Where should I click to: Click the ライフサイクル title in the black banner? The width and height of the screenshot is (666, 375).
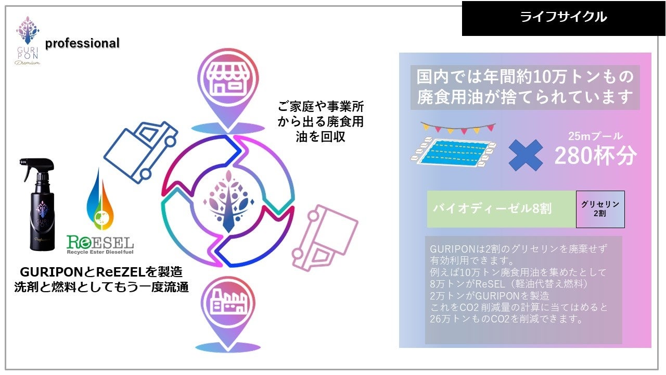click(x=563, y=17)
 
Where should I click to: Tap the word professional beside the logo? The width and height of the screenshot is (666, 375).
click(x=82, y=44)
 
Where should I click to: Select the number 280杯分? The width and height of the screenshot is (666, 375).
click(x=595, y=155)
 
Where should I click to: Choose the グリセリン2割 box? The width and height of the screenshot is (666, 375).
click(x=600, y=209)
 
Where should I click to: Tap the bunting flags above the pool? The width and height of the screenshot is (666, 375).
click(x=457, y=127)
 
